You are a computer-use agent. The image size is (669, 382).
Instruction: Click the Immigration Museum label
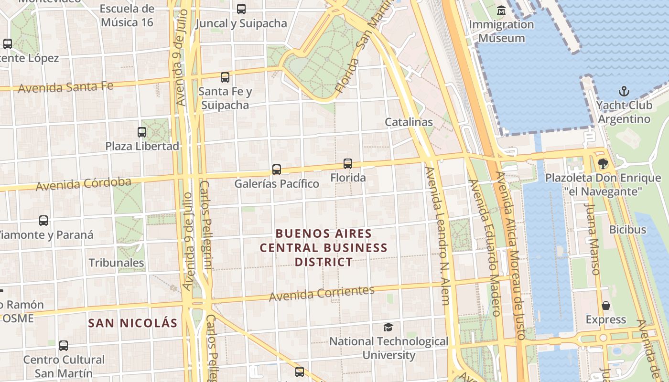coord(501,31)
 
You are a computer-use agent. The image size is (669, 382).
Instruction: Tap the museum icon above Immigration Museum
coord(501,10)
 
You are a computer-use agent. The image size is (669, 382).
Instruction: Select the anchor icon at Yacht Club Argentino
coord(624,91)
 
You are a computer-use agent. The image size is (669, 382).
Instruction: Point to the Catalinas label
coord(409,122)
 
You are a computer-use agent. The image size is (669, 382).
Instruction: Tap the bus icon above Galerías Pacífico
coord(277,169)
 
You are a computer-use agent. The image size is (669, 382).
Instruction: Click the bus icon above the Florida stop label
coord(348,164)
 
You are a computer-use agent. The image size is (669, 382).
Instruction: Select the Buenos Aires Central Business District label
coord(324,248)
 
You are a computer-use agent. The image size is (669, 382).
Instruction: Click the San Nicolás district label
coord(132,323)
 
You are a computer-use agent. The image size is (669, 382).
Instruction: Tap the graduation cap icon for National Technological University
coord(388,327)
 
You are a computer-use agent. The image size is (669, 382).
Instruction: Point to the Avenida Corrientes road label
coord(322,293)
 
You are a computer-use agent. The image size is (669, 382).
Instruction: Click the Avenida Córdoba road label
coord(84,183)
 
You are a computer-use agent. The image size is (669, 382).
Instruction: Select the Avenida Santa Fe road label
coord(66,87)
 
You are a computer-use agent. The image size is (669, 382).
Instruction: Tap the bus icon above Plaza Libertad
coord(142,132)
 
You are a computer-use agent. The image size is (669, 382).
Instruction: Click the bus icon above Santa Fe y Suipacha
coord(225,77)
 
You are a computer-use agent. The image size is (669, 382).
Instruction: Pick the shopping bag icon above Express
coord(606,306)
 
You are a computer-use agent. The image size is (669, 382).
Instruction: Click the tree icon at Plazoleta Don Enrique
coord(603,164)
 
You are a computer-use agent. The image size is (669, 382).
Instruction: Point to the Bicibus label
coord(627,230)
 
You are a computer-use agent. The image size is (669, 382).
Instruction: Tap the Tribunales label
coord(117,263)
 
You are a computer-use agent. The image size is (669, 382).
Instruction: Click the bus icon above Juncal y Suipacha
coord(241,9)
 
